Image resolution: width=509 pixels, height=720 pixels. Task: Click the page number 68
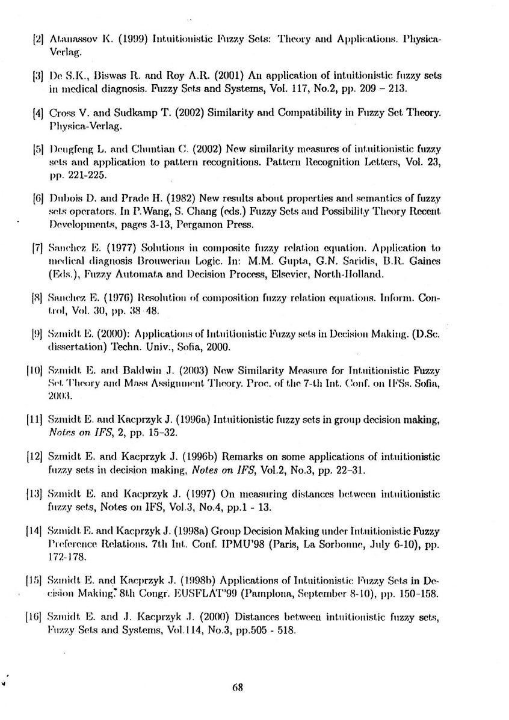[x=236, y=688]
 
